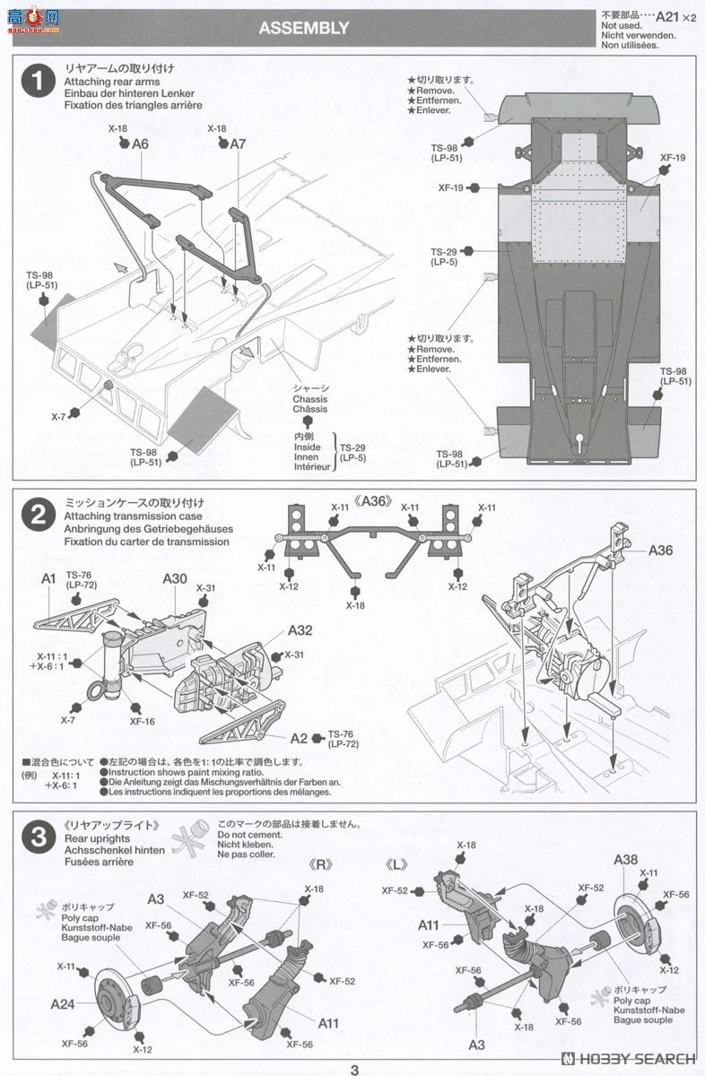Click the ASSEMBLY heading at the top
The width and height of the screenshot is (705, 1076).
pos(303,28)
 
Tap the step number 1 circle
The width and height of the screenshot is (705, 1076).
pos(38,82)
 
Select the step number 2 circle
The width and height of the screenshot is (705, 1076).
pos(38,515)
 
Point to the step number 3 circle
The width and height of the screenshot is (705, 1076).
pos(38,838)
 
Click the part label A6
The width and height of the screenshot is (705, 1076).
pos(139,143)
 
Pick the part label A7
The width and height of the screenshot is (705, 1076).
pos(237,143)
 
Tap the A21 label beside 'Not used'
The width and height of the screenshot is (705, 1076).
pos(666,16)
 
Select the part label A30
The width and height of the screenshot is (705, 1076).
pos(175,578)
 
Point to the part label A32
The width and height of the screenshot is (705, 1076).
pos(300,630)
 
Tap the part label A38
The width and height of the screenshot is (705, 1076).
pos(626,859)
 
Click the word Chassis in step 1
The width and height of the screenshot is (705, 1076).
pos(309,399)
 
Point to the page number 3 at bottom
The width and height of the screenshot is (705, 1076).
pos(354,1069)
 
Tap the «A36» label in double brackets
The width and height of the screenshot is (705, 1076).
pos(372,501)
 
